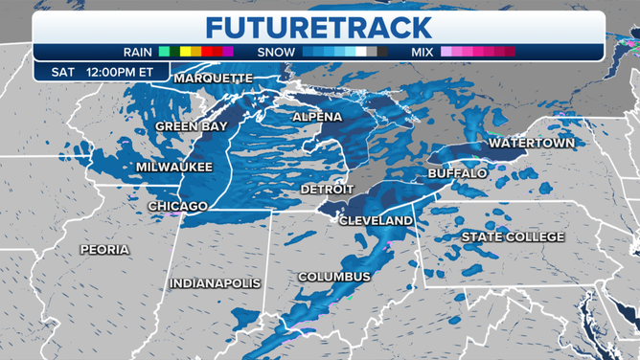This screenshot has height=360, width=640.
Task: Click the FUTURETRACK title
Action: [x=319, y=26]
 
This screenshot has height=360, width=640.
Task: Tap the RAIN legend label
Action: [x=138, y=52]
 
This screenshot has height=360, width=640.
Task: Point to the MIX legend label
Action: [x=422, y=52]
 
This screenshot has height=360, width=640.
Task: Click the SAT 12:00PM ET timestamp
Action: [x=94, y=71]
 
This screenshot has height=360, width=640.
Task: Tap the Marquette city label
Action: [x=214, y=78]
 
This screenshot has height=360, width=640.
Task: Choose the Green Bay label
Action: [x=191, y=126]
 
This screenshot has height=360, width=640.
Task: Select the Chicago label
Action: [x=178, y=206]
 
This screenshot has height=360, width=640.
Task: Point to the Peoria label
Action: [x=104, y=250]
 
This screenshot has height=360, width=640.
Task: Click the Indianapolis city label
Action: [x=216, y=283]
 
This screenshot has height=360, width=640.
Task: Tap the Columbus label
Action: [x=333, y=277]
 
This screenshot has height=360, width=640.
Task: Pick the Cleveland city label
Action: [x=377, y=220]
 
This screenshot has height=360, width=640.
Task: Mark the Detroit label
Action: [x=328, y=190]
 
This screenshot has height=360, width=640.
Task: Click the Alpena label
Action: [x=317, y=117]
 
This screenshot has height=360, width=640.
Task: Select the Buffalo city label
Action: [x=457, y=173]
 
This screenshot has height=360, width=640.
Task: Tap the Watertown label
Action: [x=532, y=143]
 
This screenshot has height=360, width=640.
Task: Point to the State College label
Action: [x=513, y=236]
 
